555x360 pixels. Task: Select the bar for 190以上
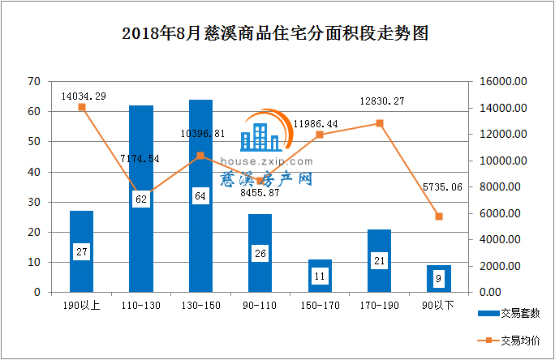coord(82,251)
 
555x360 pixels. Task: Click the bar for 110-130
coord(141,199)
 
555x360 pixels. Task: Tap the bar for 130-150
coord(200,195)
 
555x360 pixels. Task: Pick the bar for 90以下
coord(439,278)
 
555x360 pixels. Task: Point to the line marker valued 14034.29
coord(82,107)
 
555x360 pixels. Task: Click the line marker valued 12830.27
coord(379,123)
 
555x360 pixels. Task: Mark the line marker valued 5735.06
coord(439,216)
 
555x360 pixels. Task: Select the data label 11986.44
coord(316,123)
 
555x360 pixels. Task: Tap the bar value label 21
coord(380,260)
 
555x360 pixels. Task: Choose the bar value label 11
coord(320,276)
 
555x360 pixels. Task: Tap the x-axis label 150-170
coord(320,306)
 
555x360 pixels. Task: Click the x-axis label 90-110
coord(260,306)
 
